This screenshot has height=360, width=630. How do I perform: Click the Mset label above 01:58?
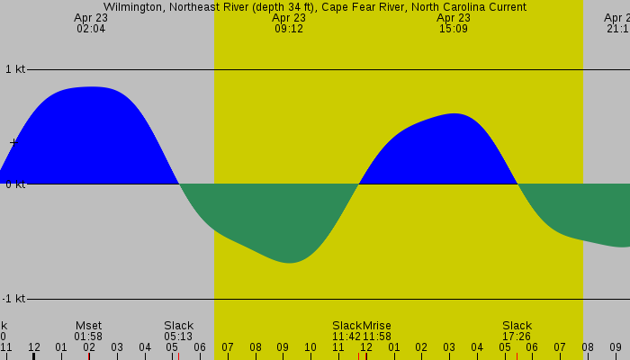pyautogui.click(x=88, y=325)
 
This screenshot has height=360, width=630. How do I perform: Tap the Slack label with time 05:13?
pyautogui.click(x=178, y=325)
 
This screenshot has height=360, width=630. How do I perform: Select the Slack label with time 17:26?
pyautogui.click(x=517, y=325)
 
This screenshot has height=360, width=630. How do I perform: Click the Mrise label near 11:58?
pyautogui.click(x=377, y=325)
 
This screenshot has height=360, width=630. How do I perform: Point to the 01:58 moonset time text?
pyautogui.click(x=88, y=336)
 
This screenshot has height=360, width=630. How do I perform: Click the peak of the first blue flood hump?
pyautogui.click(x=91, y=87)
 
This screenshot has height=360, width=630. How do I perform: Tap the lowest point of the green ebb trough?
pyautogui.click(x=289, y=263)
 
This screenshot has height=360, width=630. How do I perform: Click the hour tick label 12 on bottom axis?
pyautogui.click(x=33, y=346)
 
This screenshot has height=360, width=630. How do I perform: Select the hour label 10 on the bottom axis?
pyautogui.click(x=310, y=346)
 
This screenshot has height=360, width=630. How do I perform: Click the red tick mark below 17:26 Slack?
pyautogui.click(x=517, y=355)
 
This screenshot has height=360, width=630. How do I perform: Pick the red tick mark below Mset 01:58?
pyautogui.click(x=88, y=355)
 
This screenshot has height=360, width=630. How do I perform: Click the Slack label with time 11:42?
pyautogui.click(x=346, y=325)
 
